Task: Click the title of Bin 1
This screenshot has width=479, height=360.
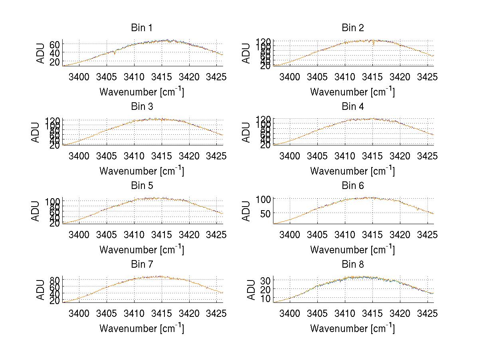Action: [x=141, y=28]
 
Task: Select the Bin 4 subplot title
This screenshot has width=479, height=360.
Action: [x=352, y=107]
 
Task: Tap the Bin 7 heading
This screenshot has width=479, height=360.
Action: [x=141, y=265]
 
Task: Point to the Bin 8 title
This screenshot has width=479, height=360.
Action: [x=352, y=265]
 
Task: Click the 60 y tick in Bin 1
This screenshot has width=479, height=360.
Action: [x=55, y=44]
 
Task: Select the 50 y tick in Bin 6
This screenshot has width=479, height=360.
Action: [x=265, y=213]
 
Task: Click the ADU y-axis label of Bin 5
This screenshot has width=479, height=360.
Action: [x=36, y=211]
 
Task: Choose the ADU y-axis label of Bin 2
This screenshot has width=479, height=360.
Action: [x=247, y=53]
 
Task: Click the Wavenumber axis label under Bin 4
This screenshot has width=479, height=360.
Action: [x=352, y=171]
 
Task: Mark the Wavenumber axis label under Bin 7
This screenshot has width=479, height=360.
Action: [x=141, y=328]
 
